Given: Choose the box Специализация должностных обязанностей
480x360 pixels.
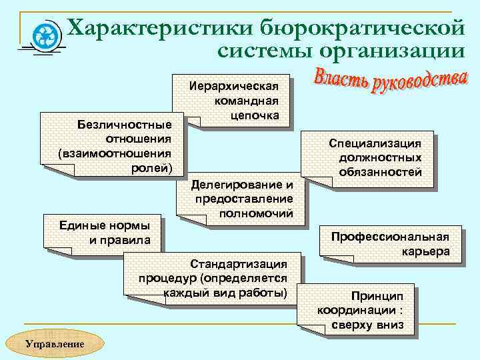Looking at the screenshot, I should pyautogui.click(x=375, y=158).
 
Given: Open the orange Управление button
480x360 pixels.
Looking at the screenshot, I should pyautogui.click(x=55, y=343).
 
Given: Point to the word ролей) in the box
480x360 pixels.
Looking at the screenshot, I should pyautogui.click(x=152, y=167).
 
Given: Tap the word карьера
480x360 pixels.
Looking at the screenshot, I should pyautogui.click(x=426, y=251).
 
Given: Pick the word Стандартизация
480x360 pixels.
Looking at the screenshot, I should pyautogui.click(x=239, y=264).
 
